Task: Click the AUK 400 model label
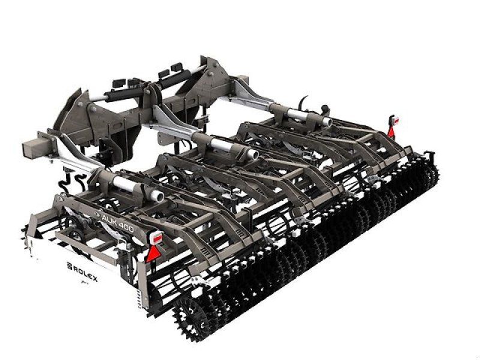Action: click(118, 223)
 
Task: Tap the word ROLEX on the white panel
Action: click(85, 274)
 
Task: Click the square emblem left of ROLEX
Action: click(69, 266)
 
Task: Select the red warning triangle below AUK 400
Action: click(153, 253)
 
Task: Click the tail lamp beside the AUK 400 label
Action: click(157, 238)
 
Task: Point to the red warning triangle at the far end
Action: click(391, 131)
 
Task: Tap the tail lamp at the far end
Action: click(395, 121)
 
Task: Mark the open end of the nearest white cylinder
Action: click(158, 196)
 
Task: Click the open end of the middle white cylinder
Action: click(253, 154)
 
